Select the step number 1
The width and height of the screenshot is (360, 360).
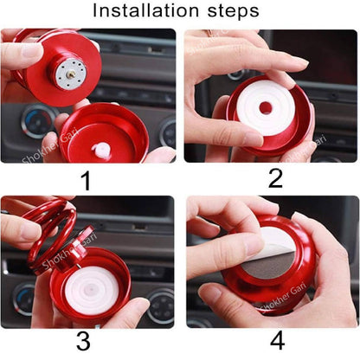point(85,180)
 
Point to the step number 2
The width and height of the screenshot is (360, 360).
point(275,179)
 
